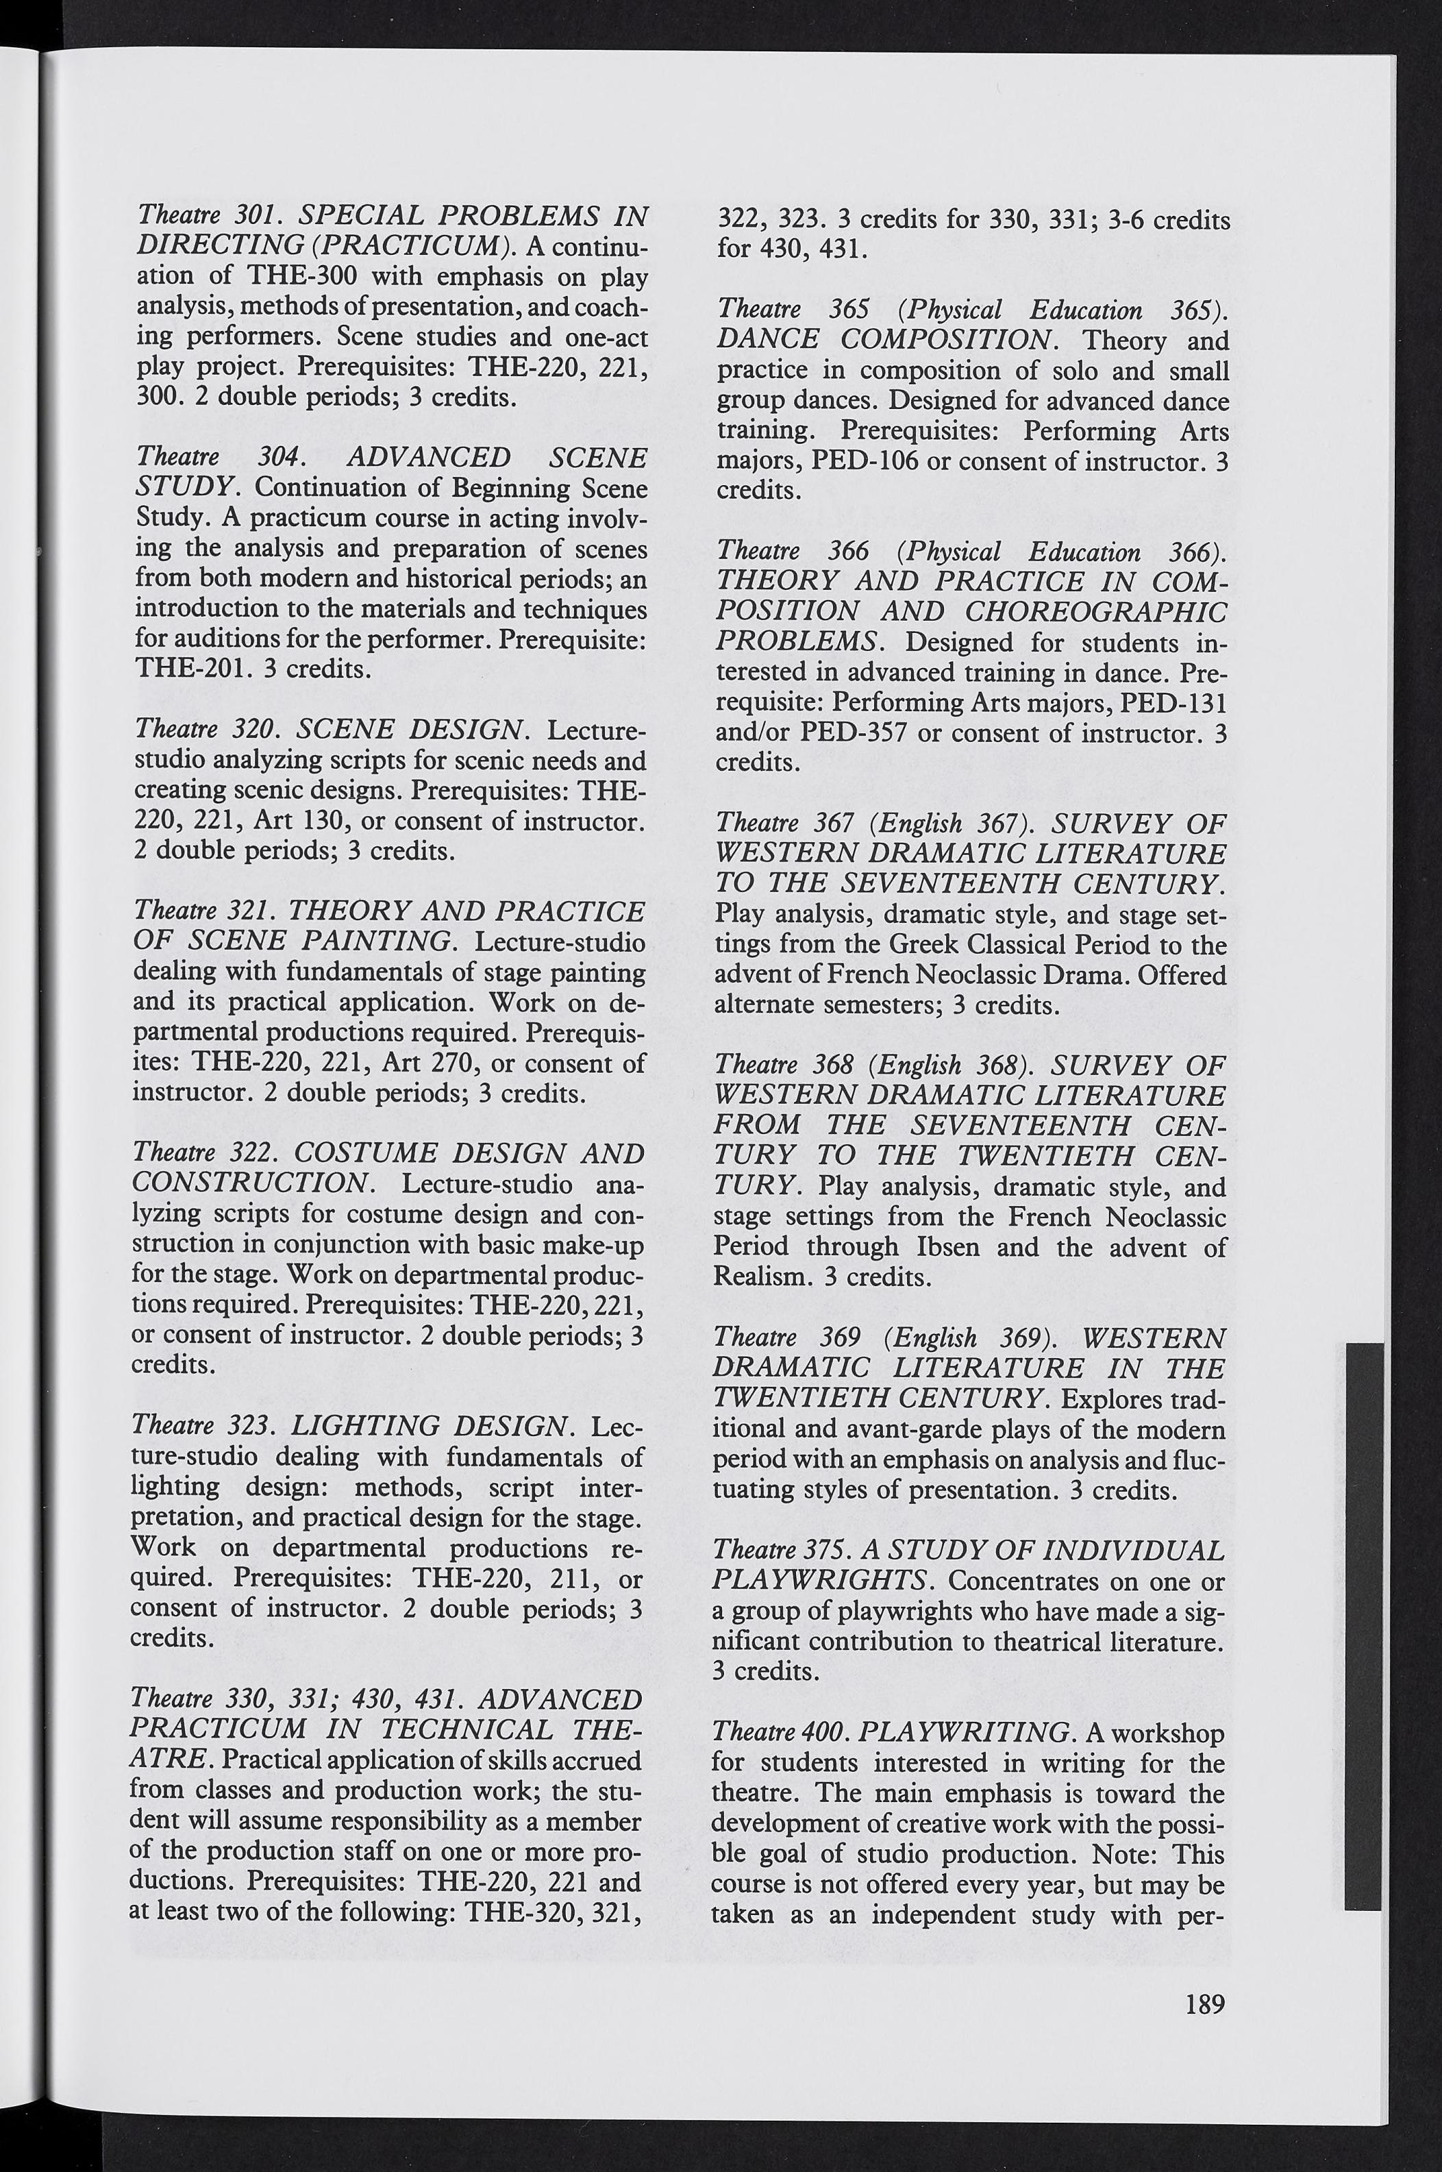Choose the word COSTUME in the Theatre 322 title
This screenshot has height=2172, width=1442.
tap(368, 1153)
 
